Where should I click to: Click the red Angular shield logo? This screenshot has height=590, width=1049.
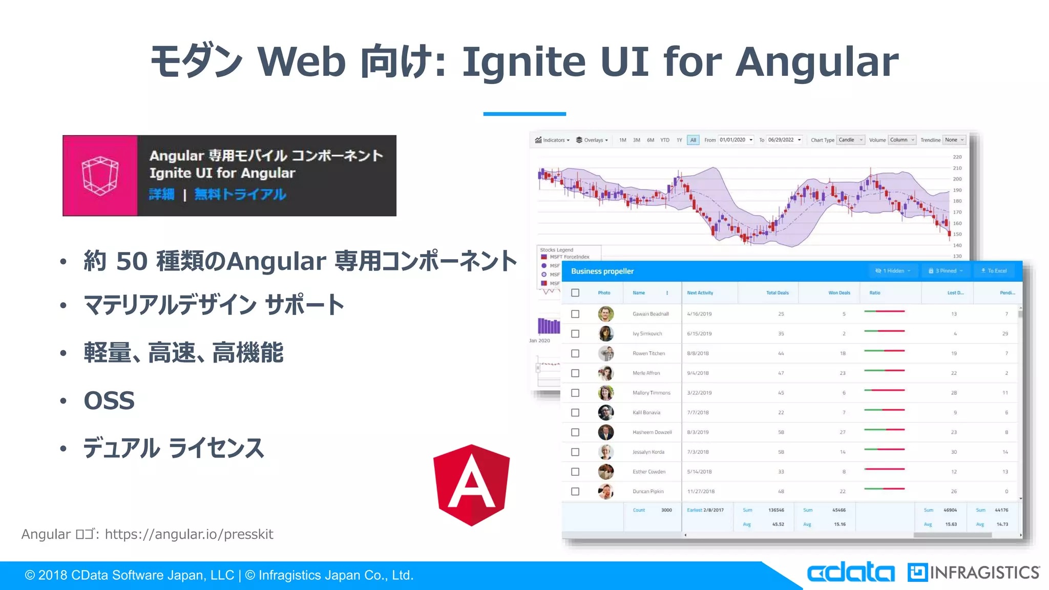click(471, 484)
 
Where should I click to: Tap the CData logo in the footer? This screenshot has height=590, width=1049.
click(851, 573)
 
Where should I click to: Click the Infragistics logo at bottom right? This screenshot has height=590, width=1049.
click(973, 573)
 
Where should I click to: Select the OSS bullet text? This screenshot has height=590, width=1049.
click(109, 401)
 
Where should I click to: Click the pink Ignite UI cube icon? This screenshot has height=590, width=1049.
click(100, 176)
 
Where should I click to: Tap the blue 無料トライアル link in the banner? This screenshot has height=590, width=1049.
click(240, 194)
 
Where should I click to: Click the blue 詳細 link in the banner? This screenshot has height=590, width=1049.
click(162, 194)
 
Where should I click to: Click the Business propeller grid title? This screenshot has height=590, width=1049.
click(602, 271)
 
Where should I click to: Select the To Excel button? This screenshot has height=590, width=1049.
click(994, 271)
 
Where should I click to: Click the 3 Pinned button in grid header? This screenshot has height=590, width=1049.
click(946, 271)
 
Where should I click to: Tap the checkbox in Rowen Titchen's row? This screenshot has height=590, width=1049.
click(575, 353)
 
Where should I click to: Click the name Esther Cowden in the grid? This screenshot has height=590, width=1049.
click(649, 472)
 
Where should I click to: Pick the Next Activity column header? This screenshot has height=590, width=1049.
click(700, 293)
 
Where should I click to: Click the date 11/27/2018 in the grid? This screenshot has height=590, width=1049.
click(701, 491)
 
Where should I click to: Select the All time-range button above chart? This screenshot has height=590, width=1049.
click(693, 140)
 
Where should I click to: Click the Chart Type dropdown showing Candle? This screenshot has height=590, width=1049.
click(850, 140)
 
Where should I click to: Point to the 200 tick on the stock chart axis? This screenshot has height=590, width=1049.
click(957, 179)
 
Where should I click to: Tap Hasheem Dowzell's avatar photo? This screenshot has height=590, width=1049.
click(606, 432)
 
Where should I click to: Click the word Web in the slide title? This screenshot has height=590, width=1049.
click(301, 62)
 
